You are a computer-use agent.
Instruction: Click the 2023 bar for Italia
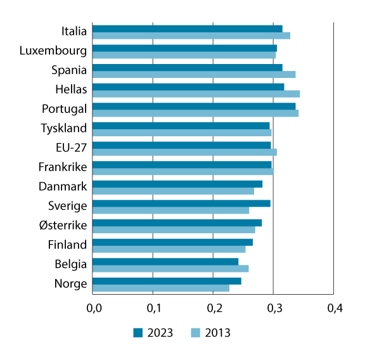188,29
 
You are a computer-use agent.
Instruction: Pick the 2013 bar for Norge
161,288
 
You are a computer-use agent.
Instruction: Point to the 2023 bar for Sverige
181,203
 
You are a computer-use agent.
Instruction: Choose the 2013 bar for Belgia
170,268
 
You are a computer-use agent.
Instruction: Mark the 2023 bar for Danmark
177,184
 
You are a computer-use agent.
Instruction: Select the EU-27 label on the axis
71,148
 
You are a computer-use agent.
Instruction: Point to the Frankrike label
63,167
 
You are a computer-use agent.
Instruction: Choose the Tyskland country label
63,129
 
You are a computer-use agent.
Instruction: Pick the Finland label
67,245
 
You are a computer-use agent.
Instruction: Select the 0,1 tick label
153,309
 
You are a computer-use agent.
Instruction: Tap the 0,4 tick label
334,309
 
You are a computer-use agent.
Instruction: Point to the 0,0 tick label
93,309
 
